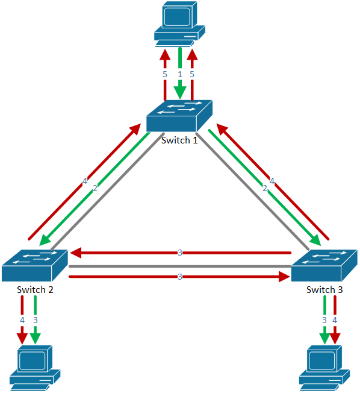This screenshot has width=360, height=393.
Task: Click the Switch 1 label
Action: pyautogui.click(x=179, y=140)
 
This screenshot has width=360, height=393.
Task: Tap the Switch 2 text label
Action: pyautogui.click(x=35, y=289)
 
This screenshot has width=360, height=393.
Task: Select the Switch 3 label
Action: pyautogui.click(x=324, y=289)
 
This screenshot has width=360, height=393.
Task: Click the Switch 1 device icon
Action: pyautogui.click(x=179, y=116)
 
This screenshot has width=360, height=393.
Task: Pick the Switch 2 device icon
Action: pyautogui.click(x=35, y=265)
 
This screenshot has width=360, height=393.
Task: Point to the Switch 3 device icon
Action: pyautogui.click(x=324, y=265)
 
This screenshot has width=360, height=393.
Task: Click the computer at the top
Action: pyautogui.click(x=179, y=24)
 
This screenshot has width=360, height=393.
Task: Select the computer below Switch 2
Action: pyautogui.click(x=35, y=368)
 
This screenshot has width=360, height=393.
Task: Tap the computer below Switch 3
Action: pyautogui.click(x=324, y=368)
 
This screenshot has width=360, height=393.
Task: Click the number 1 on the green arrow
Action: pyautogui.click(x=180, y=74)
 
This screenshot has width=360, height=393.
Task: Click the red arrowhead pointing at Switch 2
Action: pyautogui.click(x=76, y=253)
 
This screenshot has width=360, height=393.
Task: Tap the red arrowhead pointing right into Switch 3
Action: pyautogui.click(x=284, y=277)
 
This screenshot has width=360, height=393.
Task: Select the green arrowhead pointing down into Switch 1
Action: pyautogui.click(x=180, y=92)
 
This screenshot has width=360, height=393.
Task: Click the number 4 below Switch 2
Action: pyautogui.click(x=22, y=320)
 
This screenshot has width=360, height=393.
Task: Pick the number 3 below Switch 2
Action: pyautogui.click(x=36, y=320)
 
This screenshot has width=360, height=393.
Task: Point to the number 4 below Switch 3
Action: pyautogui.click(x=335, y=320)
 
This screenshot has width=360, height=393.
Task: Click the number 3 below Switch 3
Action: pyautogui.click(x=324, y=320)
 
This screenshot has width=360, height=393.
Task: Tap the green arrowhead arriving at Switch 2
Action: pyautogui.click(x=45, y=240)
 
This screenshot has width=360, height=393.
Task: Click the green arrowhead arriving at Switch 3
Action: pyautogui.click(x=315, y=240)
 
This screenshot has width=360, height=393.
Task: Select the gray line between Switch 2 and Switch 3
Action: pyautogui.click(x=180, y=266)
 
